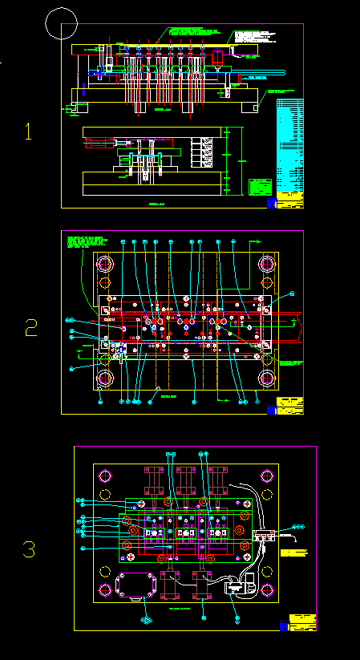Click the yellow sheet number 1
pos(29,132)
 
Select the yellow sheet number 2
pos(30,327)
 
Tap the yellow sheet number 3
pos(29,550)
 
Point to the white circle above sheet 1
pos(62,23)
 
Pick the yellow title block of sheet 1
pos(290,199)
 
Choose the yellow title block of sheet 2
pos(289,406)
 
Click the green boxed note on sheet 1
pos(260,187)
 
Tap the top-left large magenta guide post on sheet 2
pos(104,264)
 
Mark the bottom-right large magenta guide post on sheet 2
pos(267,378)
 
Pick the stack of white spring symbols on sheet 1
pos(206,152)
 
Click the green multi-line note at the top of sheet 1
pos(188,31)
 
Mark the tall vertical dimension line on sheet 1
pos(230,160)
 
